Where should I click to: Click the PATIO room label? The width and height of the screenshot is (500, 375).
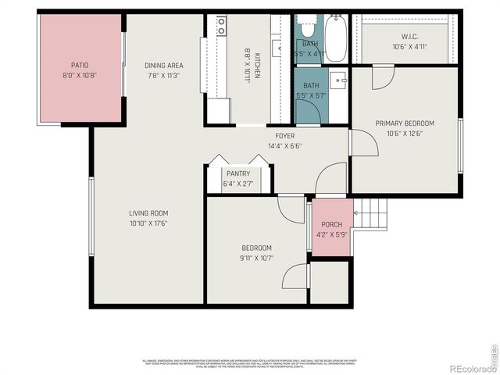79,66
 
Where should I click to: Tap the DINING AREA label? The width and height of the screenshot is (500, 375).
163,66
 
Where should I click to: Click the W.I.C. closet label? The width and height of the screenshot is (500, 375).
409,36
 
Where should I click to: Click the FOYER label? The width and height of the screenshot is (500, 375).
262,136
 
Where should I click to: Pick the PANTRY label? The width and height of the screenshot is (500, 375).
237,173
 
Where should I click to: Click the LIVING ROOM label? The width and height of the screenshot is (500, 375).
148,213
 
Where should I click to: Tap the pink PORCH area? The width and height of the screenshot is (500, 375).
332,227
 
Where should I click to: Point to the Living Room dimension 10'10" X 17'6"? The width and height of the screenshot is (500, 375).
148,223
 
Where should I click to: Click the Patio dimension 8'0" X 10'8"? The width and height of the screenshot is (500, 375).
79,75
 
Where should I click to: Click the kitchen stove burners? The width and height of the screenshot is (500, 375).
222,26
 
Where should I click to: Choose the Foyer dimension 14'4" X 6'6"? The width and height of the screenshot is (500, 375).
262,145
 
